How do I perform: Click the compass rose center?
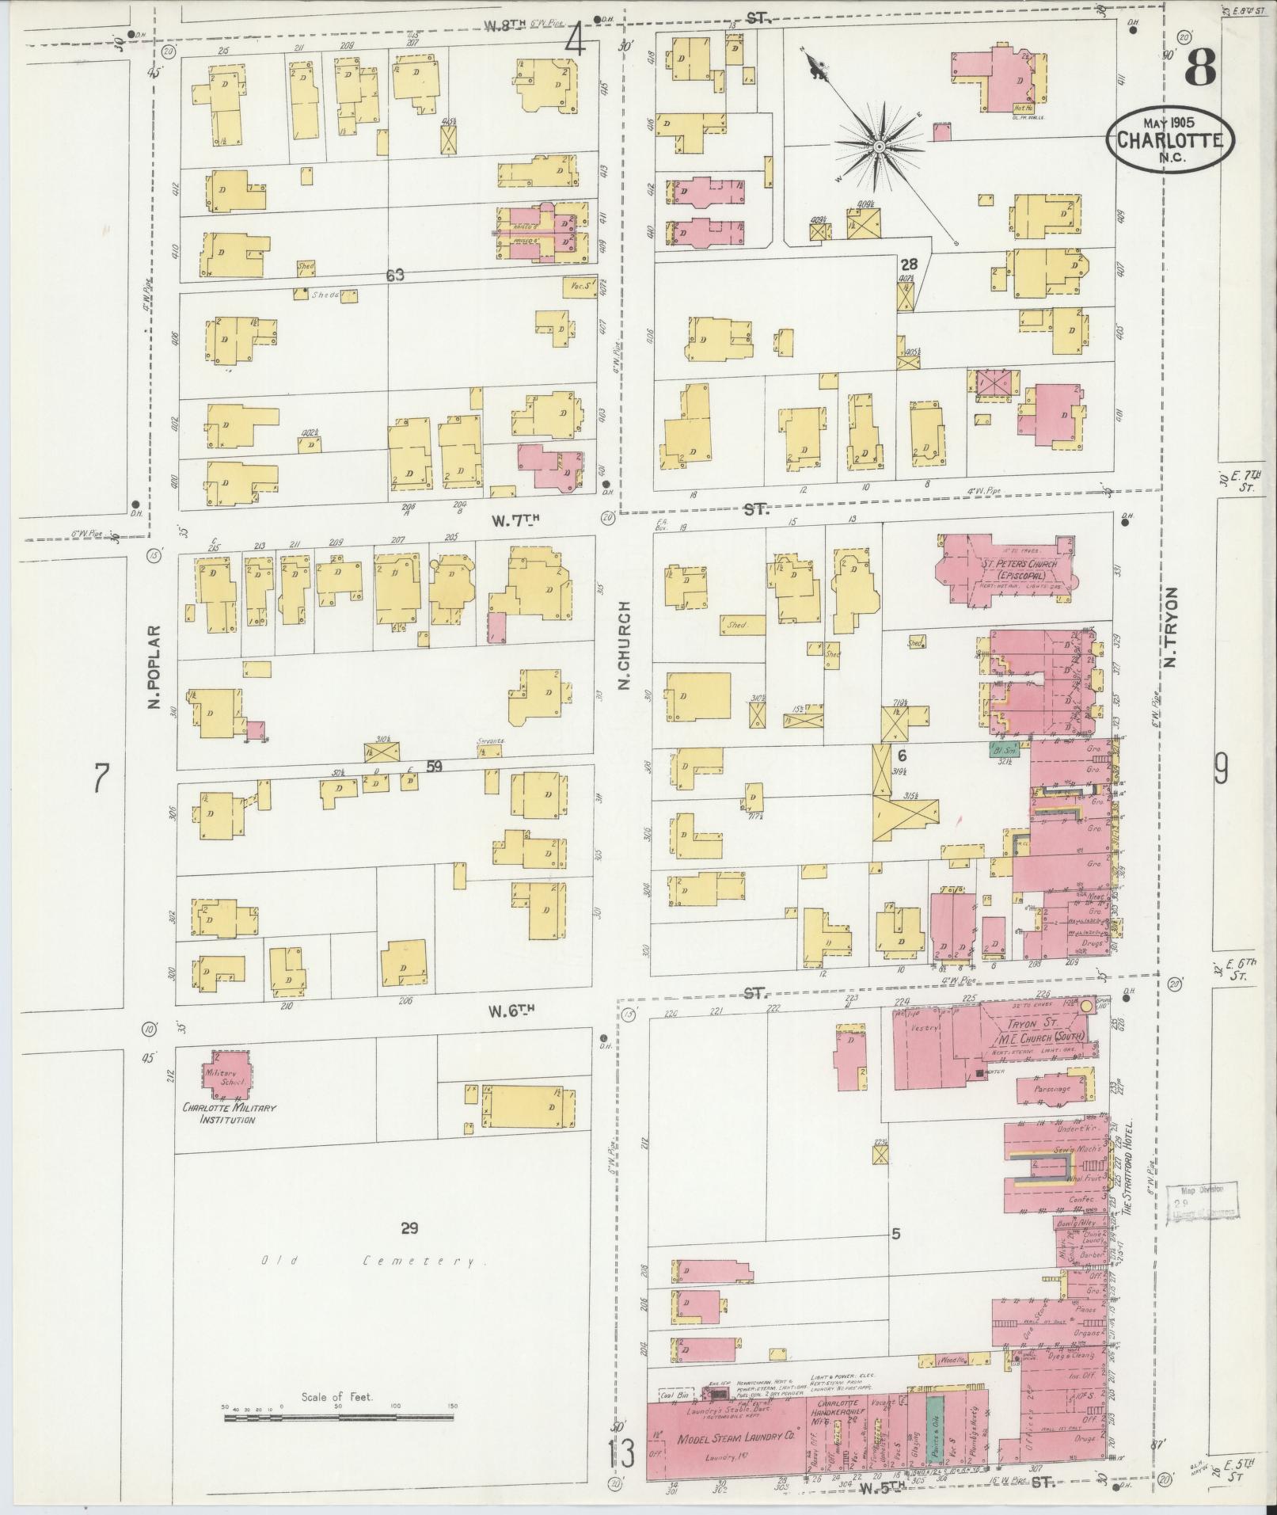(x=879, y=147)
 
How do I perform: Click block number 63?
(x=395, y=275)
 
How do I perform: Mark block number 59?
(x=434, y=766)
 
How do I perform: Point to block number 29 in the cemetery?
(x=409, y=1229)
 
